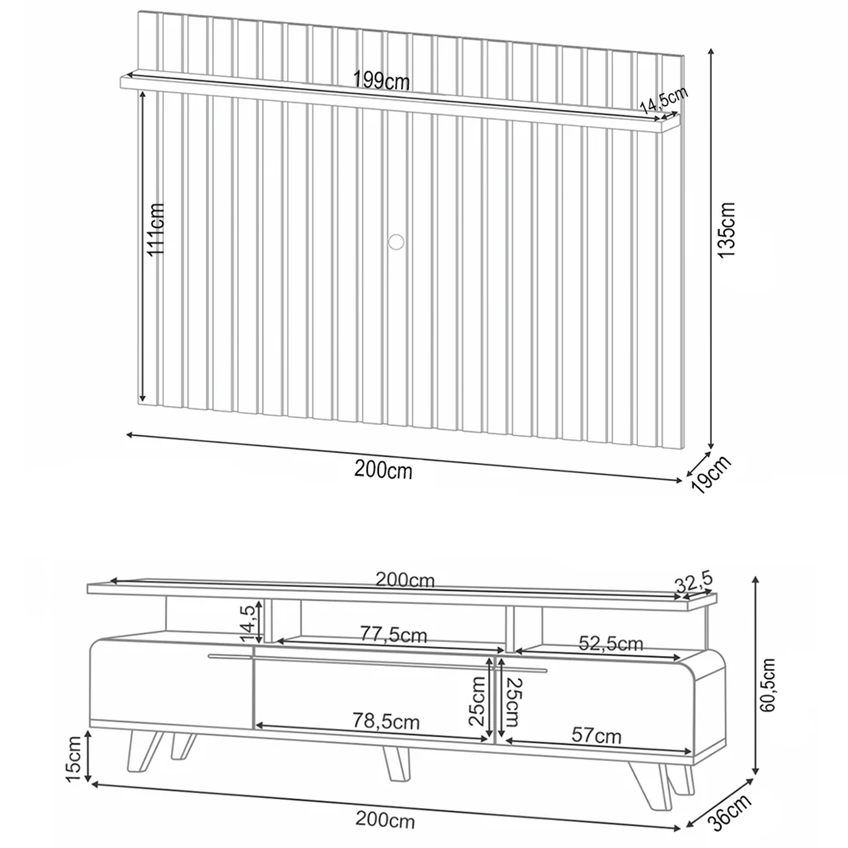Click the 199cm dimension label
382,80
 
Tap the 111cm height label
155,229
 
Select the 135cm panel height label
726,230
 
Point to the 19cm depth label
711,474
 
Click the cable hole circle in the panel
396,241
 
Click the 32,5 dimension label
694,582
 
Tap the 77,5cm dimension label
393,635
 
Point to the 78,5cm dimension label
386,721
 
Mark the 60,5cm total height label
767,685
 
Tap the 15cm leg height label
75,759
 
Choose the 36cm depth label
732,812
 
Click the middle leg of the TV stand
396,764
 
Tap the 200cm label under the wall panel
383,470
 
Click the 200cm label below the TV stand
385,820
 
